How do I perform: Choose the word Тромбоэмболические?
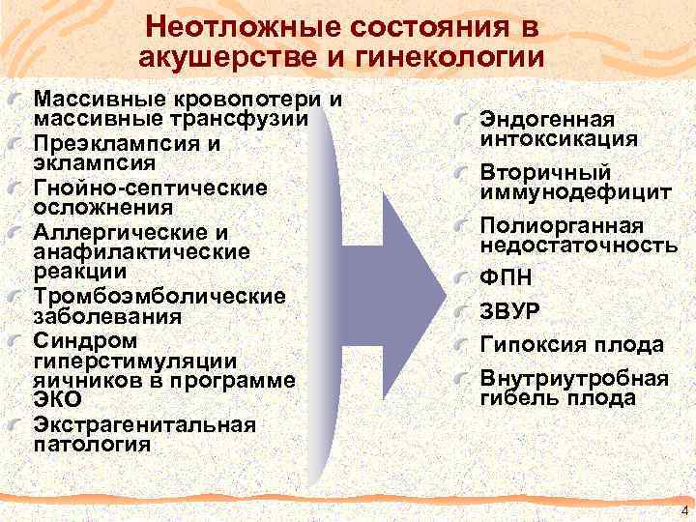click(x=159, y=296)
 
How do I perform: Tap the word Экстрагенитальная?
click(x=144, y=424)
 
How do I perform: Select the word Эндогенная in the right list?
click(x=547, y=120)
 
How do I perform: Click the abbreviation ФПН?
click(x=505, y=278)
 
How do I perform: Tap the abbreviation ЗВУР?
click(x=511, y=311)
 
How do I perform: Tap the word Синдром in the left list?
click(x=72, y=340)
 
